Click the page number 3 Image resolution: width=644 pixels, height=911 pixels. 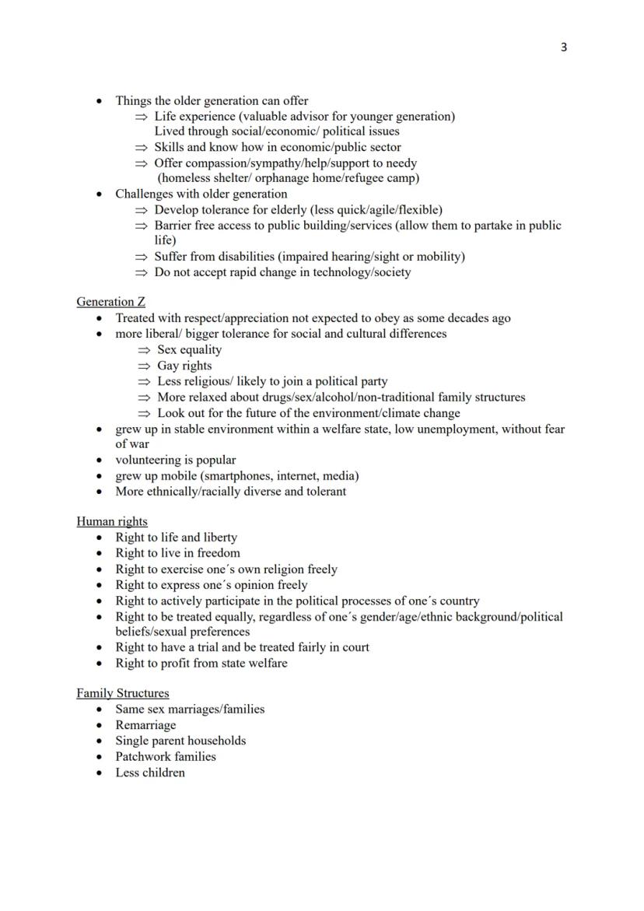(564, 47)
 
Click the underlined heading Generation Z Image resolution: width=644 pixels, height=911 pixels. (110, 302)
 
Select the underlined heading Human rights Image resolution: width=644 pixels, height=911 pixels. (112, 521)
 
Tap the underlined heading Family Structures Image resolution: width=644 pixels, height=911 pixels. (122, 693)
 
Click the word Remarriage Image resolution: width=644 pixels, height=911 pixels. (145, 725)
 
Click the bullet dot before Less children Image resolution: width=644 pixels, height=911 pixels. (99, 773)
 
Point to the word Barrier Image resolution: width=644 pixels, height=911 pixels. (174, 226)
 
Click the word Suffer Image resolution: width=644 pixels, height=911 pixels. (172, 257)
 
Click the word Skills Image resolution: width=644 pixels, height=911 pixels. (169, 147)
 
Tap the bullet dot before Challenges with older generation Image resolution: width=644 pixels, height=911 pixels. (99, 194)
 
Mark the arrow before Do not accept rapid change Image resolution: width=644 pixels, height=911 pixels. (141, 273)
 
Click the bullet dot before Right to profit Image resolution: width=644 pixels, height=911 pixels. (99, 664)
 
